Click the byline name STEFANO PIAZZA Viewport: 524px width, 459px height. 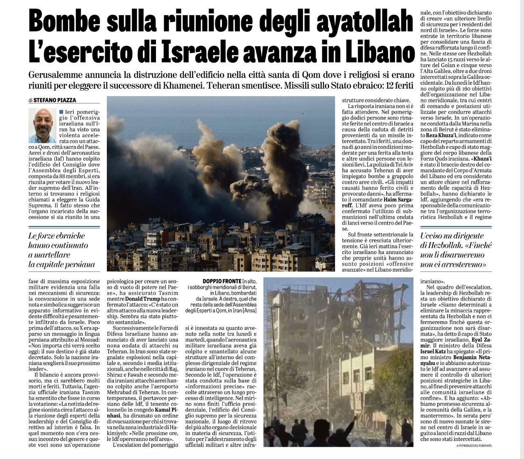click(54, 100)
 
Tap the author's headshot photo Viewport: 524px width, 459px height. click(42, 125)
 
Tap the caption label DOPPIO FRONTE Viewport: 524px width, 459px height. click(221, 281)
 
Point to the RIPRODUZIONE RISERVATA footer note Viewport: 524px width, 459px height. click(474, 445)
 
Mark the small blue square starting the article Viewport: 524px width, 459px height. click(61, 112)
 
